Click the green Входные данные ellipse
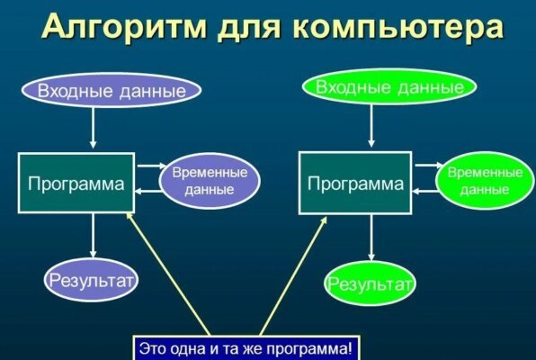389,87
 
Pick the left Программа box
76,184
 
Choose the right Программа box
355,184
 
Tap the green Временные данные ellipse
485,180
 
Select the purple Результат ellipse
91,282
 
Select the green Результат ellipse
370,285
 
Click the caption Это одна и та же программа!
246,347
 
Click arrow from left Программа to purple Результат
94,238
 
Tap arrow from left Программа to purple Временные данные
149,166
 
